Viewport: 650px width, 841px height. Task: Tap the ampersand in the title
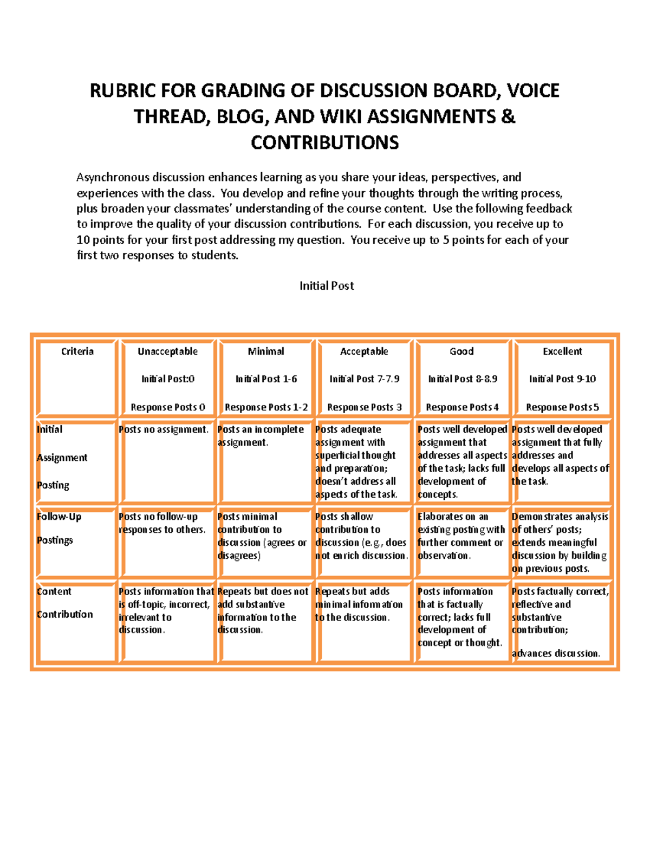click(x=508, y=116)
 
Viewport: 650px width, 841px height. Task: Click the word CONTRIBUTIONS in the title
click(x=324, y=142)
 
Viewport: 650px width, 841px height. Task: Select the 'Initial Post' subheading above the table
click(x=327, y=286)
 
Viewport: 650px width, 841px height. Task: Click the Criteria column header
click(x=77, y=351)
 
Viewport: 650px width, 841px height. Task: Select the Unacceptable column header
click(x=167, y=351)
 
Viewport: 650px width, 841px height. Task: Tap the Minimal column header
click(x=265, y=351)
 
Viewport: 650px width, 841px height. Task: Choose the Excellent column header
click(x=562, y=351)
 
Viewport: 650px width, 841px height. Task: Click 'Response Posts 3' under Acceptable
click(x=364, y=407)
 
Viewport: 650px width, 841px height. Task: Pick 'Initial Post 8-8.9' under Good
click(x=462, y=379)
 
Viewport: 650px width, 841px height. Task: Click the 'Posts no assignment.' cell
click(x=164, y=429)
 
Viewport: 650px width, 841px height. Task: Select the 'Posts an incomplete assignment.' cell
click(x=260, y=436)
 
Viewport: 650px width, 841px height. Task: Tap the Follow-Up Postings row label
click(x=58, y=528)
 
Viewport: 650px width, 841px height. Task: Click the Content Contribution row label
click(x=64, y=603)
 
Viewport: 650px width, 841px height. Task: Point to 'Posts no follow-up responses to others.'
click(x=161, y=523)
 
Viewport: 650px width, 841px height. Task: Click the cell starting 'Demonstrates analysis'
click(x=560, y=542)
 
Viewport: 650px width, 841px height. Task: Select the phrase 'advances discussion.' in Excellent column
click(x=556, y=654)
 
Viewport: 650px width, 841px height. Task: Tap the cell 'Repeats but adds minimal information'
click(x=358, y=604)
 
